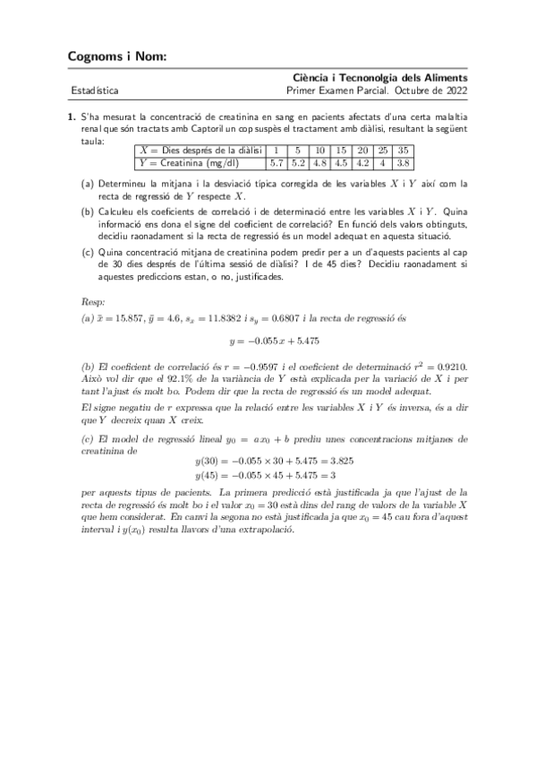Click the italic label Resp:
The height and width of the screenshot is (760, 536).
93,303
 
